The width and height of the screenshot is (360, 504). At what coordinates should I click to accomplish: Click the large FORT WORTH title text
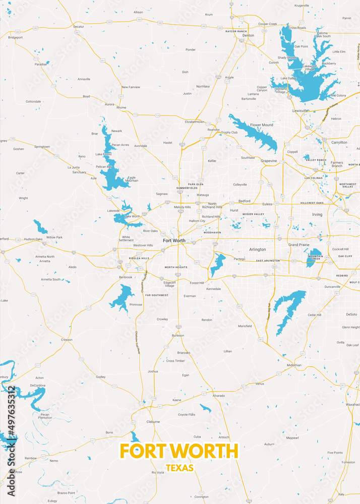[179, 451]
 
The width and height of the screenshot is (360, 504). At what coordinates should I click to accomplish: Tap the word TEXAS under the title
[179, 468]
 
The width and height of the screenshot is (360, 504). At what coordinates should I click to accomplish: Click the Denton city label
[248, 36]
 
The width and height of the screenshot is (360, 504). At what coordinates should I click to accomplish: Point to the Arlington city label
[258, 249]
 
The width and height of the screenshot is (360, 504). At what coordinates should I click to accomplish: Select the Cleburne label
[153, 422]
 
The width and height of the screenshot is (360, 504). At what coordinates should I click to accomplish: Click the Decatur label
[78, 26]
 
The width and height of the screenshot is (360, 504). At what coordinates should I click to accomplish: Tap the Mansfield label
[245, 326]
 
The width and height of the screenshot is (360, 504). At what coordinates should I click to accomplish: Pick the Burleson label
[178, 335]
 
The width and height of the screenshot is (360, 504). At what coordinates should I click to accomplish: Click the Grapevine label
[269, 161]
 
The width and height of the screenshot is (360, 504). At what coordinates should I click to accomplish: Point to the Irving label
[317, 214]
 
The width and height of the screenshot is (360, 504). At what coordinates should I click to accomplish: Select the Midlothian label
[294, 365]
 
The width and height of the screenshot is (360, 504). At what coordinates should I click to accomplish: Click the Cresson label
[67, 340]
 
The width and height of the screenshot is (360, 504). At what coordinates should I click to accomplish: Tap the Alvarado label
[218, 396]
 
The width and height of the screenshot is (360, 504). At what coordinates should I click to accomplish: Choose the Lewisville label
[300, 110]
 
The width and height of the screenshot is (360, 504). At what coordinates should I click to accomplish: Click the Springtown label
[42, 147]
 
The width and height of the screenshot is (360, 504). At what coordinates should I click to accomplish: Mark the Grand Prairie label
[299, 245]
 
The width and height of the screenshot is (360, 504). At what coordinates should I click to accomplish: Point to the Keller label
[212, 161]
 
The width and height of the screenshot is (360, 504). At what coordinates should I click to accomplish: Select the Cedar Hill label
[315, 314]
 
